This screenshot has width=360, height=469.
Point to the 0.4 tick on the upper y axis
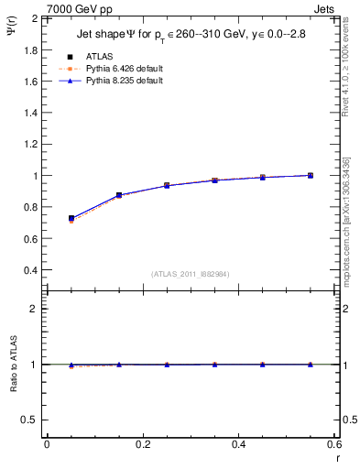tap(32, 270)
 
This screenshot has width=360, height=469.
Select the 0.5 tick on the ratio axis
tap(32, 420)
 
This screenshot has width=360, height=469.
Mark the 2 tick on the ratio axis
tap(36, 309)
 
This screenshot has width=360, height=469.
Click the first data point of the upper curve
tap(71, 218)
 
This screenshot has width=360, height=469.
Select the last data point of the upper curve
tap(311, 175)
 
